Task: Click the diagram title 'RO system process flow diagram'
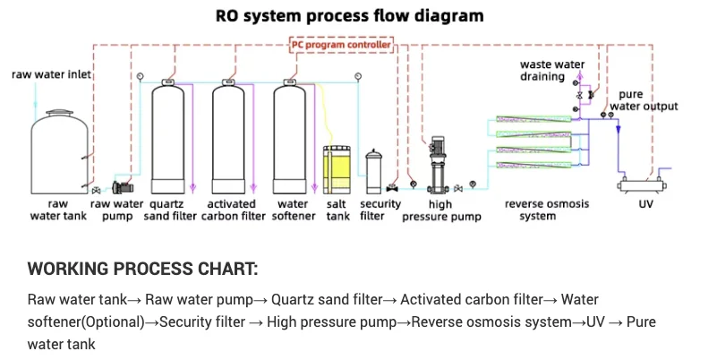tap(350, 16)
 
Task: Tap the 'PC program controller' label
tap(341, 44)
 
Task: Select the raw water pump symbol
tap(121, 187)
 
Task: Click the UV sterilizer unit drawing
tap(645, 187)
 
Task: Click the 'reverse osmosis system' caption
tap(547, 210)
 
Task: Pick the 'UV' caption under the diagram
tap(645, 204)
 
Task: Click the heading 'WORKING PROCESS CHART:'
tap(142, 269)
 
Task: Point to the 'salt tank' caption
tap(337, 210)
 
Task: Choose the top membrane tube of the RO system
tap(533, 119)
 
